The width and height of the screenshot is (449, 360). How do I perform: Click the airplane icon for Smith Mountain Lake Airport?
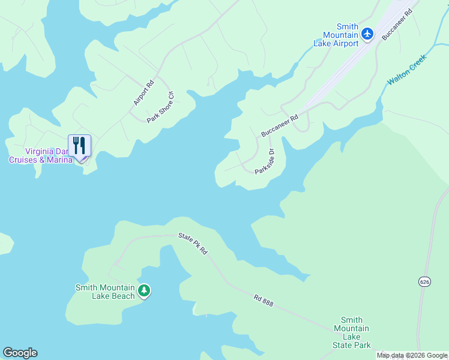368,34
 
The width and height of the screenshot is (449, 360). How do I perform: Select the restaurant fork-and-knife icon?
79,145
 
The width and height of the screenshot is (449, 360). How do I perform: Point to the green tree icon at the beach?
144,291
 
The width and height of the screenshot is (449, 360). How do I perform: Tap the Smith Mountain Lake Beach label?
106,291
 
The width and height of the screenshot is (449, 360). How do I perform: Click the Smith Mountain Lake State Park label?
351,332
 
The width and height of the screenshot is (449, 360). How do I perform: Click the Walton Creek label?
406,70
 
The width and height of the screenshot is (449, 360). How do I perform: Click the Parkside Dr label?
264,162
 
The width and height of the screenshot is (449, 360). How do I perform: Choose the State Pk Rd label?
193,244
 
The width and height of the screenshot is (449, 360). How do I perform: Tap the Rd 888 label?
263,301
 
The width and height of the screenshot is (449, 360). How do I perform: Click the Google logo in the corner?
20,353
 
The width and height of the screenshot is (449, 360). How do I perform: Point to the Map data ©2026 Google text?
412,355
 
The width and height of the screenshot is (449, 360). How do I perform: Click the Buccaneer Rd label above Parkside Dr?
279,126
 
